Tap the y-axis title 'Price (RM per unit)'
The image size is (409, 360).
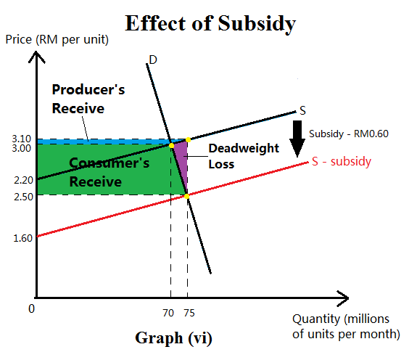(x=56, y=38)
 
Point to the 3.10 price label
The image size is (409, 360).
(x=21, y=138)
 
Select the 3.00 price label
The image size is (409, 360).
(x=21, y=147)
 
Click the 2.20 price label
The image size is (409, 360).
(x=21, y=179)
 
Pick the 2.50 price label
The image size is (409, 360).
(x=21, y=195)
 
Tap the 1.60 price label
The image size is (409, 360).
(x=21, y=236)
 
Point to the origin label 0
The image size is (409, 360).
(x=31, y=308)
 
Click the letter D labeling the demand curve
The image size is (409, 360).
(x=152, y=60)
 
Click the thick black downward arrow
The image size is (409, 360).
(x=297, y=139)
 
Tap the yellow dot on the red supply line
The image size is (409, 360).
(x=186, y=195)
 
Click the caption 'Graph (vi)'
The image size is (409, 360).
(x=173, y=337)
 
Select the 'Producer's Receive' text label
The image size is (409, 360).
(x=88, y=99)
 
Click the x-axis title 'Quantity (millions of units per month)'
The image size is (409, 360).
(x=346, y=327)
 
